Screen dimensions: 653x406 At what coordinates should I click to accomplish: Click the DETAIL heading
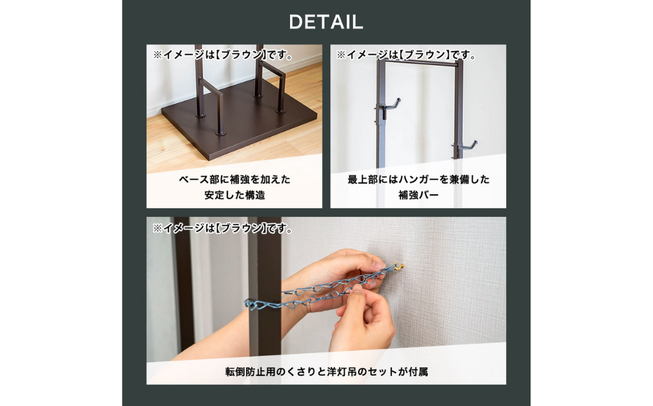[x=326, y=22]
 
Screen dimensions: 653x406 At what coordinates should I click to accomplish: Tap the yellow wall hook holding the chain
[x=399, y=266]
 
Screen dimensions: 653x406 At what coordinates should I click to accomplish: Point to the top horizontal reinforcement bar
[x=420, y=63]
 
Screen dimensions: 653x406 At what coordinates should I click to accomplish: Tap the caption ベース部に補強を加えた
[x=234, y=180]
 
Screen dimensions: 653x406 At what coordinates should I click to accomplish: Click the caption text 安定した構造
[x=234, y=195]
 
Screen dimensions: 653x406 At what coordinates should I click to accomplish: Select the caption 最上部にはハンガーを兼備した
[x=419, y=180]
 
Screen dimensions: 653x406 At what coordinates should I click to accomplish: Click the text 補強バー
[x=419, y=195]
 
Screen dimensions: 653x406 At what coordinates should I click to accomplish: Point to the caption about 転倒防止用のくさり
[x=326, y=371]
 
